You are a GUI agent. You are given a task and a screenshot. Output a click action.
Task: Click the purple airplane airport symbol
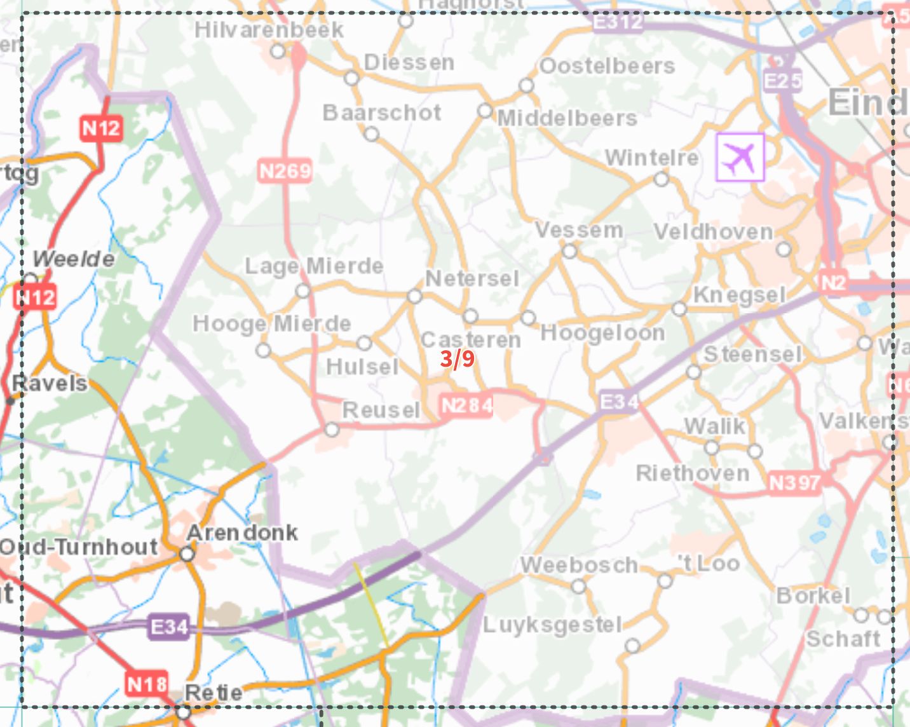point(740,157)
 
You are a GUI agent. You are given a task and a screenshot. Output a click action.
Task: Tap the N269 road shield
point(285,171)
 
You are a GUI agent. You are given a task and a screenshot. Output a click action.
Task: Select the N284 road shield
point(467,405)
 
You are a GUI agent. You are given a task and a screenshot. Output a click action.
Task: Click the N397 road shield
point(794,483)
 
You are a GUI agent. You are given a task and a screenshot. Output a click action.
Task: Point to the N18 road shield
point(147,684)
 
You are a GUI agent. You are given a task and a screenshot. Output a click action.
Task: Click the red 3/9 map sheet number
point(458,359)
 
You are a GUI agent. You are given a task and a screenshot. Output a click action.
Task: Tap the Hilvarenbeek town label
point(269,30)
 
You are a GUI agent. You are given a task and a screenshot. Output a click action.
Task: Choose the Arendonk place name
point(242,533)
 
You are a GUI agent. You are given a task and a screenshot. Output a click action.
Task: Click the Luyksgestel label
point(552,625)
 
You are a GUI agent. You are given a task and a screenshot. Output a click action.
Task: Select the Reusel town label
point(381,411)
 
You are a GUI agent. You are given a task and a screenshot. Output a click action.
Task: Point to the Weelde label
point(74,259)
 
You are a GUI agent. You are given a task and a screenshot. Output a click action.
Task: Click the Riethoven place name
point(693,473)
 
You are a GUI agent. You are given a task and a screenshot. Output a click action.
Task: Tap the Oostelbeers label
point(607,66)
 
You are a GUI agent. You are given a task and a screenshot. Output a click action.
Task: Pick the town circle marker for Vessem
point(569,252)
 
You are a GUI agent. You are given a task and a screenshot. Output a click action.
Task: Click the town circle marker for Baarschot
point(372,134)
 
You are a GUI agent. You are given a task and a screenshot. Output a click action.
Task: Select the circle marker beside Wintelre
point(662,180)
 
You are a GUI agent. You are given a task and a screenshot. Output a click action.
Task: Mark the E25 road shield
point(782,81)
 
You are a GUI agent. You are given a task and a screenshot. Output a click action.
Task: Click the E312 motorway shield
point(617,22)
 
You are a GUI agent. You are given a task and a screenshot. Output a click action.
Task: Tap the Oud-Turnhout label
point(79,547)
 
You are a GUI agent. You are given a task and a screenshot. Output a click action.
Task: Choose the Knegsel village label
point(740,295)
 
